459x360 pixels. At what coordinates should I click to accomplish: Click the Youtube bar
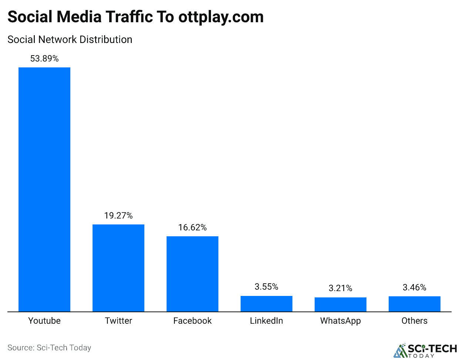click(x=44, y=189)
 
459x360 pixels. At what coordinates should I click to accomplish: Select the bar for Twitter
click(x=118, y=268)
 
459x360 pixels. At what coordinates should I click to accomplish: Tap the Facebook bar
click(x=192, y=274)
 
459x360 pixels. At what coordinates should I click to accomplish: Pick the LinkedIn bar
click(x=267, y=304)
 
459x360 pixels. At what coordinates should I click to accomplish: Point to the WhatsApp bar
click(x=341, y=304)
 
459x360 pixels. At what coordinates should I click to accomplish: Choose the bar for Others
click(x=415, y=304)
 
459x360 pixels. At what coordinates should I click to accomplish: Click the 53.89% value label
click(x=44, y=59)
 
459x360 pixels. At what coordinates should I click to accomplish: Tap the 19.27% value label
click(x=118, y=216)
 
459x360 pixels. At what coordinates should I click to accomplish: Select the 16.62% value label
click(x=192, y=227)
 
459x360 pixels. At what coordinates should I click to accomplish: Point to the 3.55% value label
click(x=267, y=287)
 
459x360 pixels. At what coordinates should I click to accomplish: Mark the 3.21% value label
click(x=341, y=288)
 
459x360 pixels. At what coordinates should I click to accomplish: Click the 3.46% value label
click(x=415, y=287)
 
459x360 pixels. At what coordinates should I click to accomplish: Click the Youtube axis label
click(x=44, y=321)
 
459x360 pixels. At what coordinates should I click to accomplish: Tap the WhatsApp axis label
click(x=341, y=321)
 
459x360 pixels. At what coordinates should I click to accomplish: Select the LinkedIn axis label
click(x=267, y=321)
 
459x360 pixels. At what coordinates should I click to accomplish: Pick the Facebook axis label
click(x=192, y=321)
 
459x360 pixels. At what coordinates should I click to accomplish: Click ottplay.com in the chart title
click(x=221, y=17)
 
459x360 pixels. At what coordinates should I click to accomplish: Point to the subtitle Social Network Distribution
click(x=70, y=40)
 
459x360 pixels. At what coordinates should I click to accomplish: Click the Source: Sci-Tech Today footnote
click(x=49, y=348)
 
